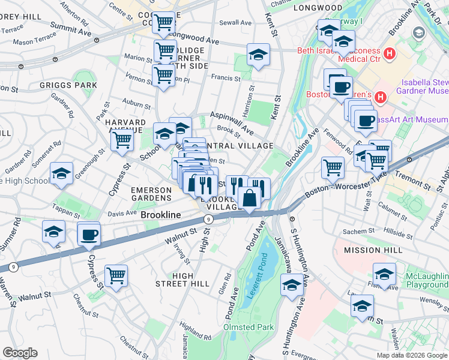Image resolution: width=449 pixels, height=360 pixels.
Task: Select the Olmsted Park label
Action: (249, 327)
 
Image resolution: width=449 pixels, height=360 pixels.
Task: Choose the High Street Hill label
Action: (191, 279)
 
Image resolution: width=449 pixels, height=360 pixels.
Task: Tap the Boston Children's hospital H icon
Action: (380, 96)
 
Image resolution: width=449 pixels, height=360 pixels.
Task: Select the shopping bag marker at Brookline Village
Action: (249, 197)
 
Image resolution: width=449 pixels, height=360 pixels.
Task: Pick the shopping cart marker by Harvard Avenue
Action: (122, 140)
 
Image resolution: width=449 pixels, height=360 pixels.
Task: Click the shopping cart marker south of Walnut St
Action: (116, 275)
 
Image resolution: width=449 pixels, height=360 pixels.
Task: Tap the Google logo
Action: (20, 353)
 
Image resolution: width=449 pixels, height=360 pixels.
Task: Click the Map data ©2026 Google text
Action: (411, 355)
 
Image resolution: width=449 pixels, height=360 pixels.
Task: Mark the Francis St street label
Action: (226, 78)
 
